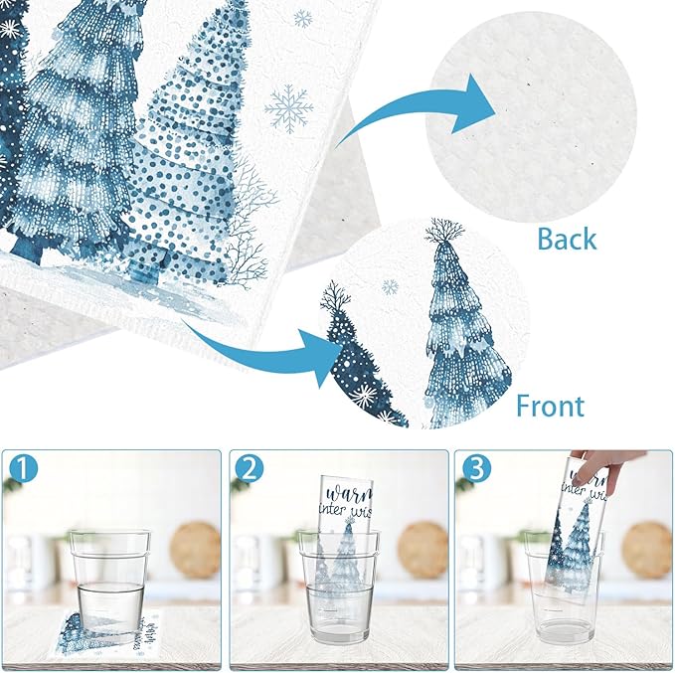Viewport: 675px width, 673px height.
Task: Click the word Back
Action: pos(567,239)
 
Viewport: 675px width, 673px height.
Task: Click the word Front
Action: pos(550,406)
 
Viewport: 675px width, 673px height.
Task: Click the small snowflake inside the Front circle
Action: pos(390,287)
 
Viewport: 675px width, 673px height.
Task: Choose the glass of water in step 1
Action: pos(110,577)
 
